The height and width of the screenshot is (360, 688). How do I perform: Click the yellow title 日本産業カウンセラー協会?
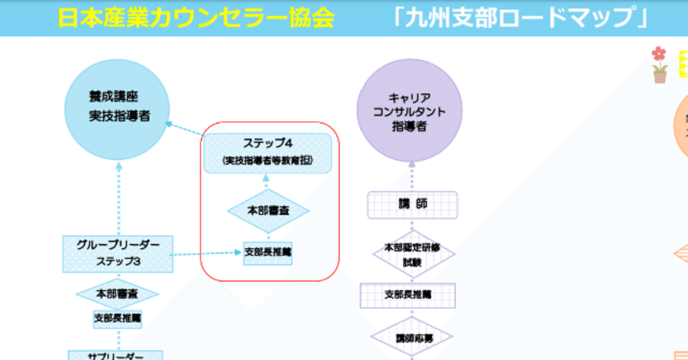(x=196, y=18)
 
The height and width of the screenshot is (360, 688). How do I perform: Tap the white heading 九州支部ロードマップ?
(x=520, y=18)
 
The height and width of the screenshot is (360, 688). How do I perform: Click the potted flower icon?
(x=659, y=65)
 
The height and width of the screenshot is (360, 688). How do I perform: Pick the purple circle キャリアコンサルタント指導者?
(x=410, y=111)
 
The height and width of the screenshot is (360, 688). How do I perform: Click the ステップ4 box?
(x=267, y=153)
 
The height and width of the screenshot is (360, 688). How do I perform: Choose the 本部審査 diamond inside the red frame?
(x=268, y=211)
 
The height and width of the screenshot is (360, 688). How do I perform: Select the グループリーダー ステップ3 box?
(x=118, y=253)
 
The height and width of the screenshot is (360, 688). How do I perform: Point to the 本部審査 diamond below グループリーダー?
(x=117, y=294)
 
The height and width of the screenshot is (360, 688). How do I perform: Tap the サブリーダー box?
(x=115, y=355)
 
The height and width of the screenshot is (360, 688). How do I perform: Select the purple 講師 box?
(x=412, y=205)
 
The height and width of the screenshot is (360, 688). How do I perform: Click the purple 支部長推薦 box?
(x=408, y=295)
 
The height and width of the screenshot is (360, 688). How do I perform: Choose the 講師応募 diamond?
(x=412, y=338)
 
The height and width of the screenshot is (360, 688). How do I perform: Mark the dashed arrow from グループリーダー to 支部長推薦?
(x=207, y=253)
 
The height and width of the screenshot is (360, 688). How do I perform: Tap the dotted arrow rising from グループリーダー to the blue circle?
(x=119, y=199)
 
